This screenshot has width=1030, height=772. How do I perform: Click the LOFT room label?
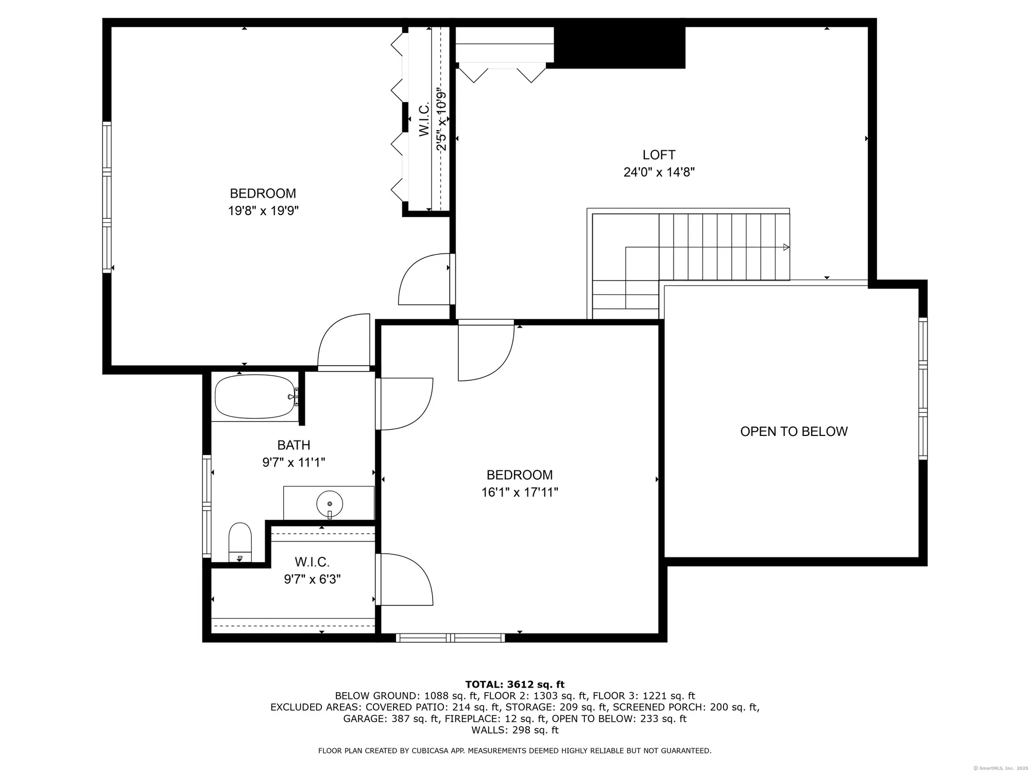659,155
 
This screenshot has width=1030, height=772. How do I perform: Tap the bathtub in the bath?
255,396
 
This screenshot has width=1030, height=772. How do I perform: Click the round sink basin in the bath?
330,503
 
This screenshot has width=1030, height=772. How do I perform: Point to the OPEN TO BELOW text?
794,431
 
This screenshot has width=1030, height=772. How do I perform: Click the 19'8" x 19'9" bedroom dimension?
263,210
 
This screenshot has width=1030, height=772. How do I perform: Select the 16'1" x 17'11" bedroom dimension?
520,493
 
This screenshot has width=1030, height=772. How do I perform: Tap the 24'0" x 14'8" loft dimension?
659,172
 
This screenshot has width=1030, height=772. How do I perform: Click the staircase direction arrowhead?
786,247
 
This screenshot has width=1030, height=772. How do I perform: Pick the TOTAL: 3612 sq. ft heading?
514,685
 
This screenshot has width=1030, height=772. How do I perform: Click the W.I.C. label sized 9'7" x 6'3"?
312,562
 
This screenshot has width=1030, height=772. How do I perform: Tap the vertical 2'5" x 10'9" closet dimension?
441,118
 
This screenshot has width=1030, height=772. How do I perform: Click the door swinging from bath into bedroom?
404,404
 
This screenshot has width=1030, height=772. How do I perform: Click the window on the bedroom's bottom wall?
451,638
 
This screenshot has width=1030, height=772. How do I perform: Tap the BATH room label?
294,445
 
